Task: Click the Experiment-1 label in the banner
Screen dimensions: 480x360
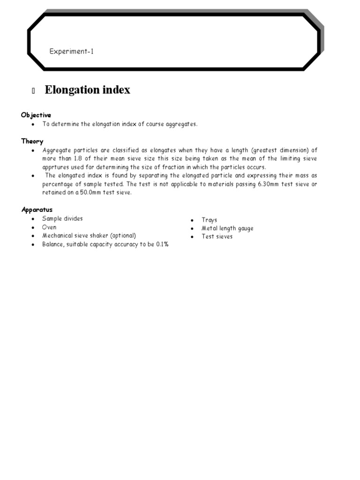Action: (x=72, y=52)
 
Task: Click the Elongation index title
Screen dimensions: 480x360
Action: (x=87, y=90)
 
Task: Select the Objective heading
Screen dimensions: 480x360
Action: (x=36, y=115)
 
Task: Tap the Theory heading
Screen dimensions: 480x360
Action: (x=32, y=142)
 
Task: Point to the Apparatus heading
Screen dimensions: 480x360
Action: (x=37, y=210)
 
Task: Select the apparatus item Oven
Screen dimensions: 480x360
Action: (x=49, y=227)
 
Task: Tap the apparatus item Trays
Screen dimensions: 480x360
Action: (x=210, y=220)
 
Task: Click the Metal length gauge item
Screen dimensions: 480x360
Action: (x=227, y=229)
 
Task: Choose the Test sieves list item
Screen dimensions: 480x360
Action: (x=217, y=237)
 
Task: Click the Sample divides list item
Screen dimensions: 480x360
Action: (x=62, y=219)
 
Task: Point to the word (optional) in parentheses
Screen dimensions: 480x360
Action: (x=123, y=236)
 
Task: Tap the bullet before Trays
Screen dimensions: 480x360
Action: (x=192, y=220)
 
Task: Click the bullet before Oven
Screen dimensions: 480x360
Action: (x=33, y=228)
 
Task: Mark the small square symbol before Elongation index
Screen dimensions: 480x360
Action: (x=33, y=91)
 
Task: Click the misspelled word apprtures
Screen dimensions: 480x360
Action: (x=57, y=167)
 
